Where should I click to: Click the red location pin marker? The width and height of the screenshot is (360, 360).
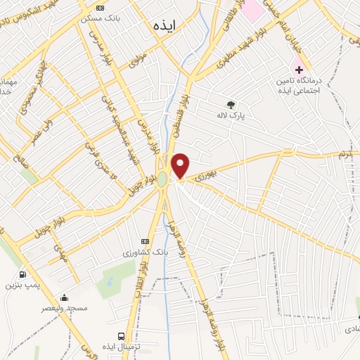pyautogui.click(x=181, y=166)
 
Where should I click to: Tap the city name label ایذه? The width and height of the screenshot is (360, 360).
pyautogui.click(x=167, y=26)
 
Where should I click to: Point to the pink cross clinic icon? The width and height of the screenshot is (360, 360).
pyautogui.click(x=299, y=70)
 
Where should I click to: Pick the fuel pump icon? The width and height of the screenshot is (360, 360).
pyautogui.click(x=23, y=274)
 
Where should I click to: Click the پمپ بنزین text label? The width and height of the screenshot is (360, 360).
pyautogui.click(x=20, y=285)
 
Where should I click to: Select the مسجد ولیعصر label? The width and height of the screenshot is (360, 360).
pyautogui.click(x=64, y=308)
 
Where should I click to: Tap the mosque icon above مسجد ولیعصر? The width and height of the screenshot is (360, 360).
pyautogui.click(x=64, y=298)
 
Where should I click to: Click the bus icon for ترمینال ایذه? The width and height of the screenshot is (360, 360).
pyautogui.click(x=122, y=336)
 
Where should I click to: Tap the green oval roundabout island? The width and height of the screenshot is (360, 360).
pyautogui.click(x=162, y=179)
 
